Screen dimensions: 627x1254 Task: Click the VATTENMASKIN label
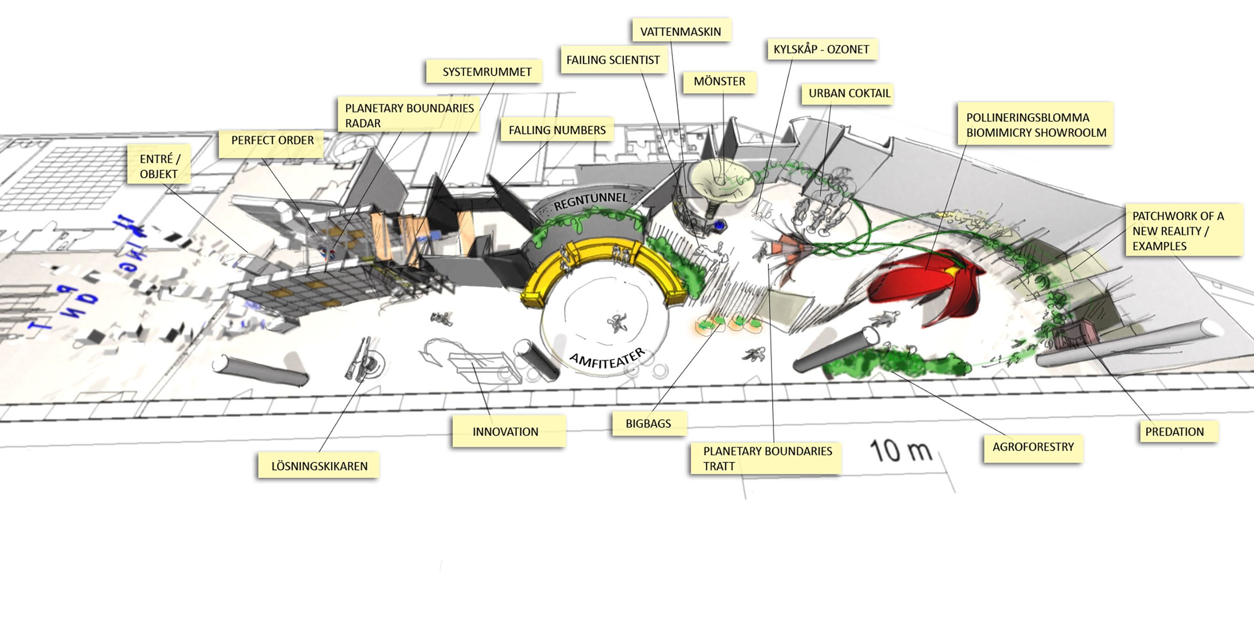tap(681, 32)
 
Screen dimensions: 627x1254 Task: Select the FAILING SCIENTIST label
tap(613, 60)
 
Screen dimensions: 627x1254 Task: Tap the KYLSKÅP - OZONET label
tap(821, 49)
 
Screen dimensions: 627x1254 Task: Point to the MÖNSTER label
tap(719, 81)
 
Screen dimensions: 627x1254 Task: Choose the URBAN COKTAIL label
tap(849, 93)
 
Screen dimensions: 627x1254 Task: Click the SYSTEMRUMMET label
tap(486, 72)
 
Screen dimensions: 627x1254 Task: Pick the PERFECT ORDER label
tap(272, 140)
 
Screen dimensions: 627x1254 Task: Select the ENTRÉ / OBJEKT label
tap(159, 166)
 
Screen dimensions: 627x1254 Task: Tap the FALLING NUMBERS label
tap(557, 130)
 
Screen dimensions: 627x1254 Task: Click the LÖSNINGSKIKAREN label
tap(319, 466)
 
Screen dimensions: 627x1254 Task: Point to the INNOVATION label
tap(505, 431)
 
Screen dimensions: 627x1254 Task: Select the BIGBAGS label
tap(648, 424)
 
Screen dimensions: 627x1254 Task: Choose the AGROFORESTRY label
tap(1033, 447)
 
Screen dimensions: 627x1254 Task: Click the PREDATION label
tap(1174, 431)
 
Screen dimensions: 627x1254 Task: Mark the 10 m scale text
tap(900, 451)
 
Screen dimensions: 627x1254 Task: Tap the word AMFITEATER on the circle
tap(607, 360)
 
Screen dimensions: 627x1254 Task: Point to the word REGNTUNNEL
tap(591, 201)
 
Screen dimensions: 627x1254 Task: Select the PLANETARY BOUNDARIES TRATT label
tap(767, 458)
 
